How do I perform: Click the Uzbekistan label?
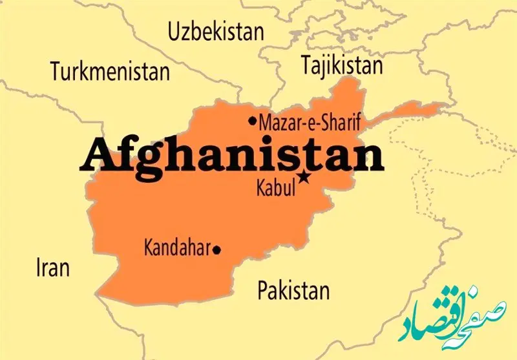click(215, 31)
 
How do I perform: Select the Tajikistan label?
click(341, 64)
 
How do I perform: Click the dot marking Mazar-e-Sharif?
click(252, 121)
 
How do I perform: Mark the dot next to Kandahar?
click(216, 249)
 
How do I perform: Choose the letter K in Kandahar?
click(148, 248)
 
